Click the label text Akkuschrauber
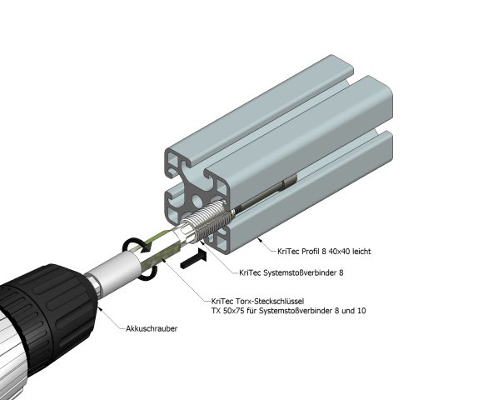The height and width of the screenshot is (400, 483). (152, 329)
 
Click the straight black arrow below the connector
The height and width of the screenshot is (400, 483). (191, 259)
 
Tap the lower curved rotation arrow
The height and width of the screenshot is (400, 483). (151, 272)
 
